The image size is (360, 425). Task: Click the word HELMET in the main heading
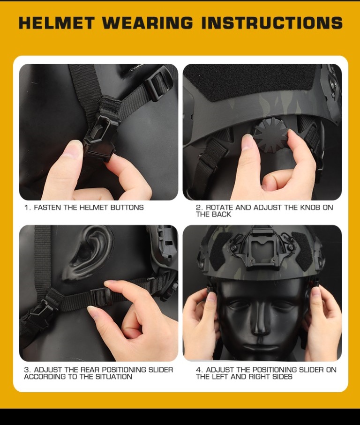tap(57, 22)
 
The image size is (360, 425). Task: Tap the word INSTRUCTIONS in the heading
tap(272, 22)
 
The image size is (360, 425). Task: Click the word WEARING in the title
tap(148, 22)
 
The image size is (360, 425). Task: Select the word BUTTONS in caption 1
tap(127, 208)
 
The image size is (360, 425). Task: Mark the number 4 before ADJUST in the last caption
tap(199, 370)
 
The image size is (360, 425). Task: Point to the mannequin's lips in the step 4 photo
tap(260, 348)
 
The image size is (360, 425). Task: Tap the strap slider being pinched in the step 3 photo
tap(102, 297)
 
